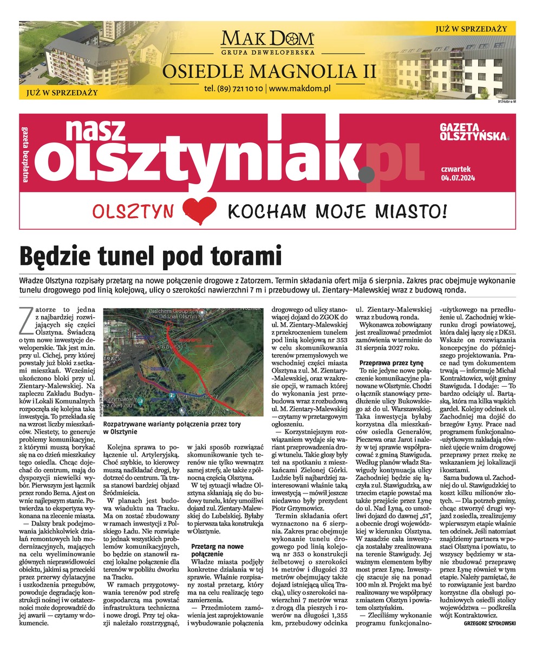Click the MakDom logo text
pos(267,39)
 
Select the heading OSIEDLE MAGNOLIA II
pos(267,70)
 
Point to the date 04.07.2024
pos(458,177)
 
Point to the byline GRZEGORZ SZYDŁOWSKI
pos(490,623)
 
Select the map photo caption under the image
pos(172,428)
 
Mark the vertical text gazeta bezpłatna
pos(25,154)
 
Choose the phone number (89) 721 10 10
pos(234,88)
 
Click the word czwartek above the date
pos(455,168)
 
